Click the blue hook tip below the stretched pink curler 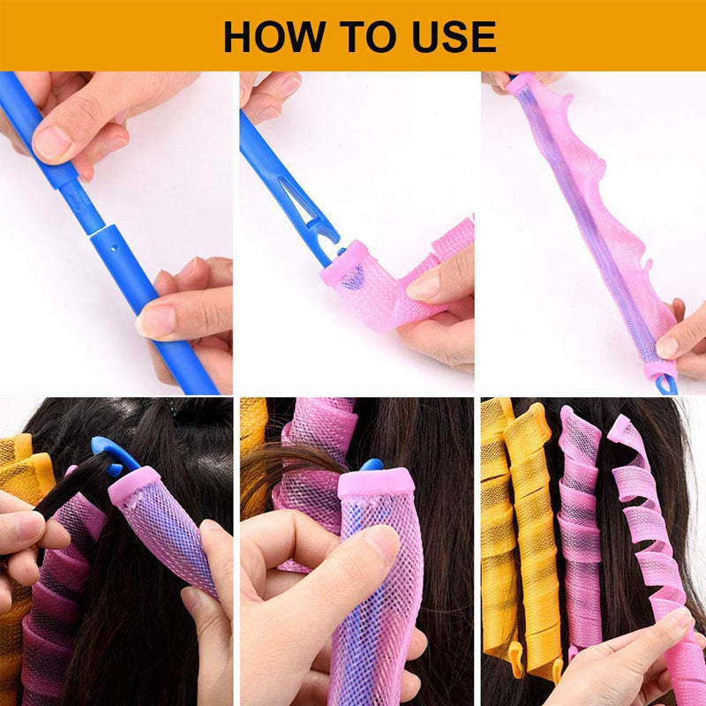pos(665,385)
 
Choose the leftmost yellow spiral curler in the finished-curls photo pos(499,529)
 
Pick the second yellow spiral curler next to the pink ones pos(533,529)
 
